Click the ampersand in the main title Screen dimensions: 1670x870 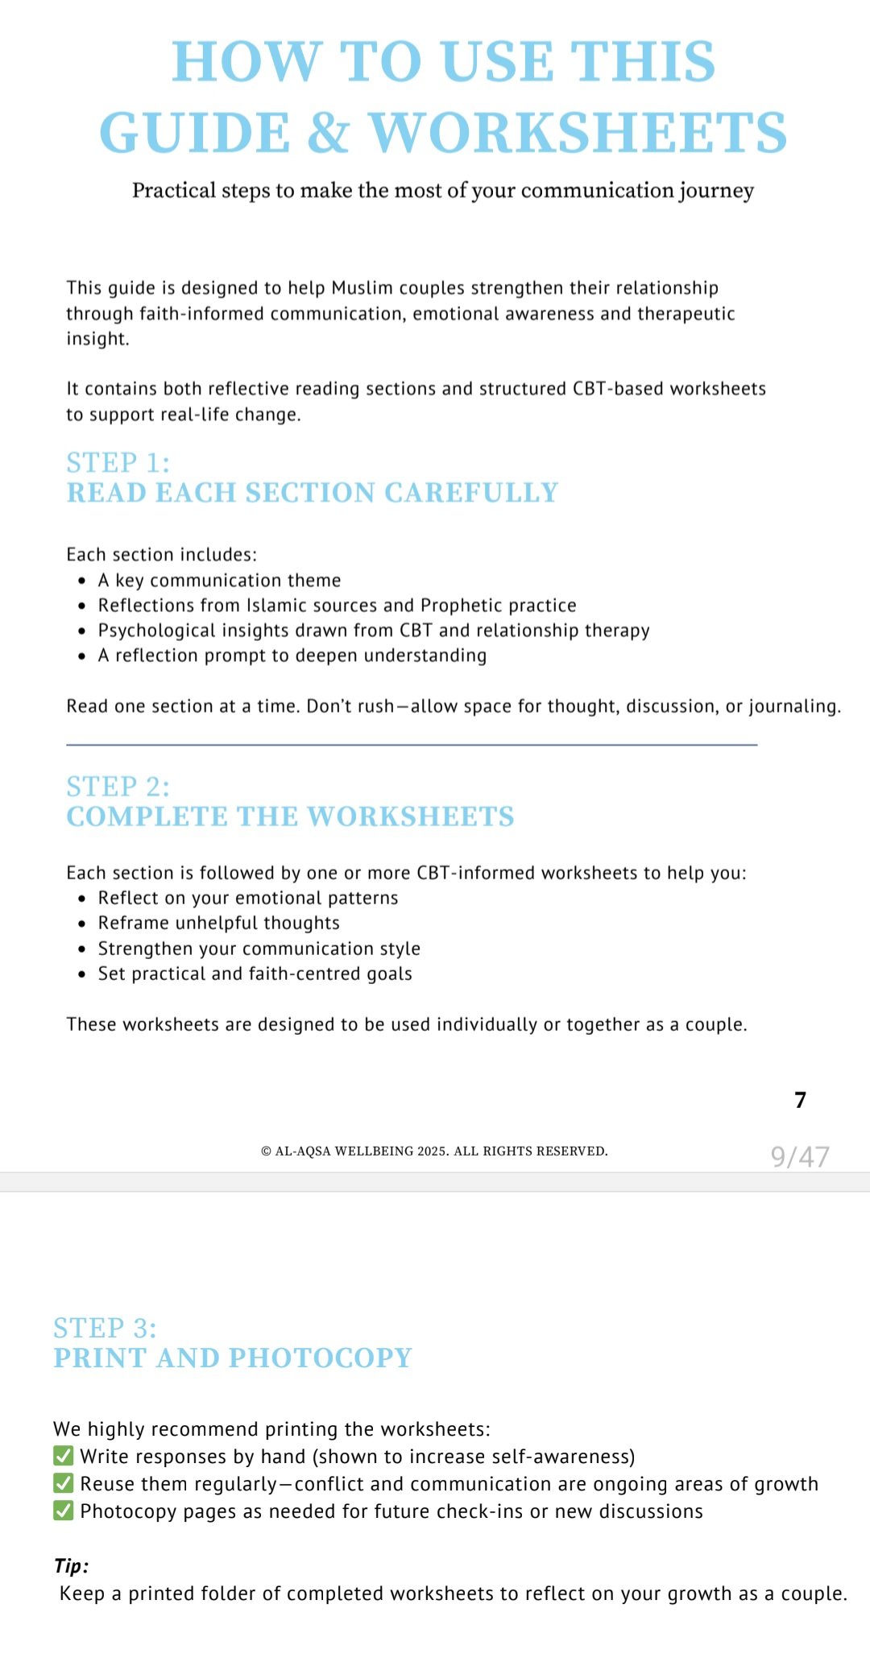329,134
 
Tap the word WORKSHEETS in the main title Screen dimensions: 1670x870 578,134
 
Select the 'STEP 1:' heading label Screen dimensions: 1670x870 118,463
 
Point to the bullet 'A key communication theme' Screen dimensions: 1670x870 219,581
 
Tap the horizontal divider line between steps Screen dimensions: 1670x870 412,745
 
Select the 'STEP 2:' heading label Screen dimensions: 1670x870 118,787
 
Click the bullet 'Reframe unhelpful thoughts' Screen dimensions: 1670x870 219,923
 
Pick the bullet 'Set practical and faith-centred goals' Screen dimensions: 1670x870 255,973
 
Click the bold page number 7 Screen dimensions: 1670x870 800,1100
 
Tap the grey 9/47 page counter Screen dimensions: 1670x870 800,1156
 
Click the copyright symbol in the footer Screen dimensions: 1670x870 266,1151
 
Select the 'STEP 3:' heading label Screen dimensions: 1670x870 106,1328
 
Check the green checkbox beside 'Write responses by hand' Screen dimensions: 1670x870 64,1456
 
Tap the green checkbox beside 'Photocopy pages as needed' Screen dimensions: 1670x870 64,1511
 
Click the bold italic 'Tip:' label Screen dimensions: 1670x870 72,1566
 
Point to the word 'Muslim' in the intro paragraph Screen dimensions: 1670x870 358,288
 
